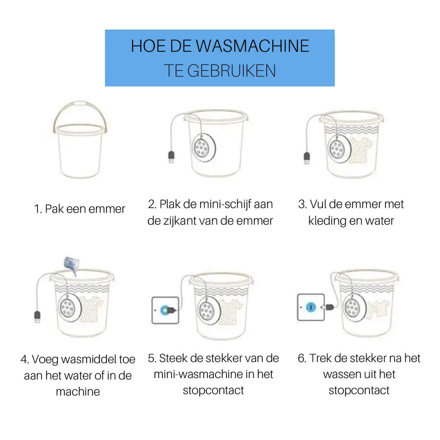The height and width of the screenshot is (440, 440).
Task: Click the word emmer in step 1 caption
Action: pyautogui.click(x=107, y=209)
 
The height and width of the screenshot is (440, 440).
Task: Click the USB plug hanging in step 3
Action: pyautogui.click(x=307, y=158)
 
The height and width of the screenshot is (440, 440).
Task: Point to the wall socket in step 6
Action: pyautogui.click(x=311, y=307)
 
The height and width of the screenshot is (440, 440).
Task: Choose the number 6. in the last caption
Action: pyautogui.click(x=302, y=359)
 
